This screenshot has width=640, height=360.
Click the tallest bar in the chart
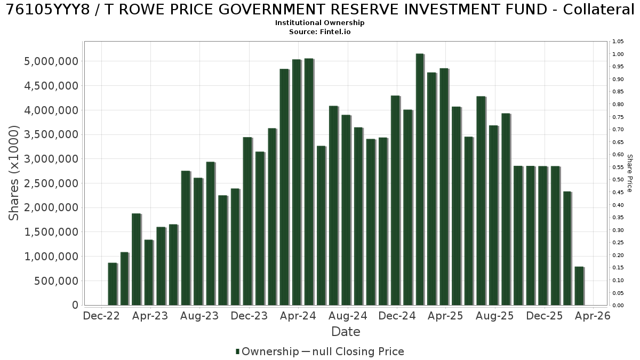[420, 179]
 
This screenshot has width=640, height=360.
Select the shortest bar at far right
[579, 286]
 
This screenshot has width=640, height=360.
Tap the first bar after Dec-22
[113, 284]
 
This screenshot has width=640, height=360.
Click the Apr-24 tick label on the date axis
[298, 316]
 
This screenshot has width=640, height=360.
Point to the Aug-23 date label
[199, 316]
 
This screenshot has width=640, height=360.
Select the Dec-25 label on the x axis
[545, 316]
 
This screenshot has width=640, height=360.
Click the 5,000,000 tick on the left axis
[51, 61]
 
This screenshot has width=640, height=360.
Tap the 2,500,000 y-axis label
[51, 183]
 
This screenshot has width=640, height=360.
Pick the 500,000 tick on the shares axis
[56, 281]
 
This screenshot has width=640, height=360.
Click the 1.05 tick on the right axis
[618, 42]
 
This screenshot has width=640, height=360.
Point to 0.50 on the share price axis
[618, 180]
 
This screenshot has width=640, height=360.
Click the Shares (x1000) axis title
[13, 173]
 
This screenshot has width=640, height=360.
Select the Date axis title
[346, 332]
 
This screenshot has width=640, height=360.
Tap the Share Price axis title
[630, 173]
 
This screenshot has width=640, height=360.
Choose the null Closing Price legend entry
[353, 351]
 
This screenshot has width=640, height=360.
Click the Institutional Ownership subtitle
[319, 23]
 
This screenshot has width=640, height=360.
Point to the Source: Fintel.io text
[319, 31]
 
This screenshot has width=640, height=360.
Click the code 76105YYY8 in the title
[48, 10]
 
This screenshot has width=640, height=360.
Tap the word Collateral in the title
[598, 10]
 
